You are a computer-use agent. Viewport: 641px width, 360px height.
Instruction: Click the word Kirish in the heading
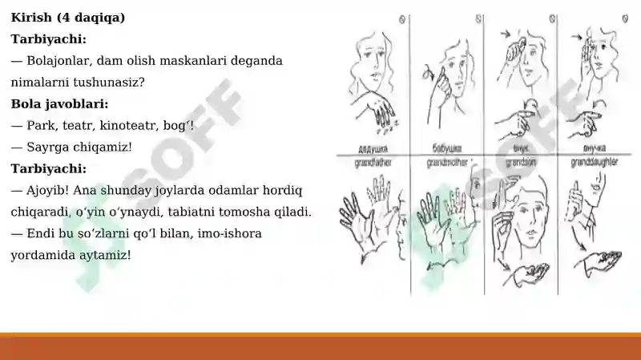click(x=30, y=17)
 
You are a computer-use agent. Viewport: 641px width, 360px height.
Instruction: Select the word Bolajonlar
click(x=60, y=60)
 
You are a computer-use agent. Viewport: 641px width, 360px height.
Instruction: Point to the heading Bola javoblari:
click(x=59, y=103)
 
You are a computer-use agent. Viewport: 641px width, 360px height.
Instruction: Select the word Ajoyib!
click(x=50, y=190)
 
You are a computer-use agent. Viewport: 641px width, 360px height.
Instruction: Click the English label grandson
click(x=522, y=161)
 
